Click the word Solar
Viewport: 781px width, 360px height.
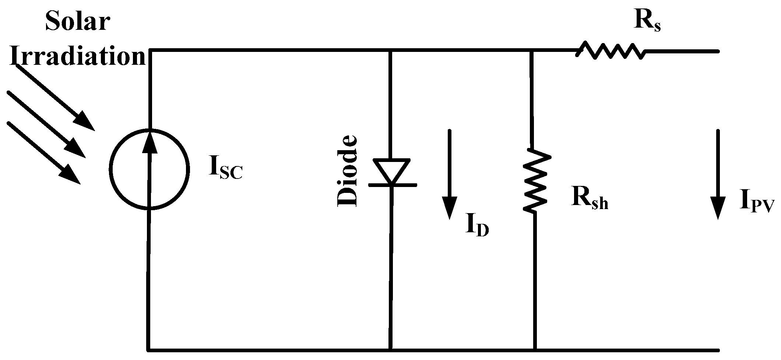click(77, 21)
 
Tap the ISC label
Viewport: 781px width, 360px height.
click(226, 172)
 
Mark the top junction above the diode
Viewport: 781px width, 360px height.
click(391, 50)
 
